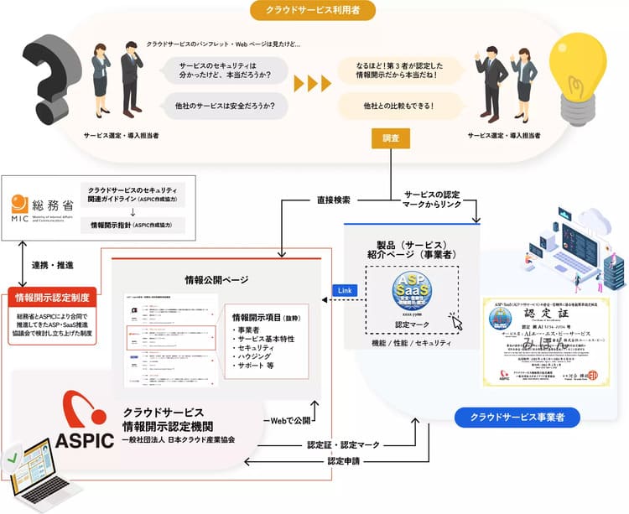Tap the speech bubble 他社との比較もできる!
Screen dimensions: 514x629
(x=398, y=106)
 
